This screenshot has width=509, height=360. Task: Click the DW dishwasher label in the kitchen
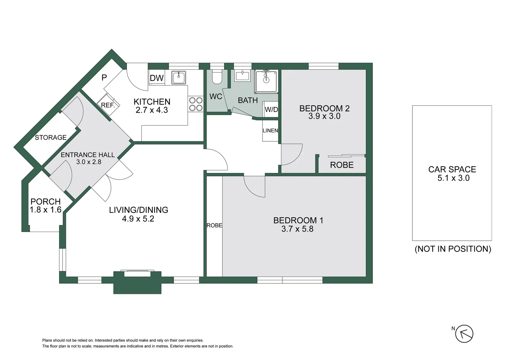(157, 78)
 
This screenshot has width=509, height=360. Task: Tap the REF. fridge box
(108, 105)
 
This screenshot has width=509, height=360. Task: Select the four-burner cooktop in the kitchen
(196, 104)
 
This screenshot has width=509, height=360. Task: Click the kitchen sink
(179, 78)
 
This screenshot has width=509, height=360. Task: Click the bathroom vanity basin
(242, 76)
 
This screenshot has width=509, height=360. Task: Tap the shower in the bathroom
(266, 81)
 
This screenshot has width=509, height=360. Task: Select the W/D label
(271, 110)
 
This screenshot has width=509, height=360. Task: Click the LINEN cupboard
(270, 131)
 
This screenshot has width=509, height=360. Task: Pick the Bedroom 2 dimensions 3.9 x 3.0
(324, 116)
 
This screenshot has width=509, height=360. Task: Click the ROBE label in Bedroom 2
(342, 165)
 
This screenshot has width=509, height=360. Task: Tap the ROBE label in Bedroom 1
(214, 226)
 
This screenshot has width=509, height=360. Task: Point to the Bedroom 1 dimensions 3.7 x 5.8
(297, 229)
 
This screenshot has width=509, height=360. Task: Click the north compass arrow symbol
(464, 334)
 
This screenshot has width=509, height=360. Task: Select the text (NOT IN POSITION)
(453, 249)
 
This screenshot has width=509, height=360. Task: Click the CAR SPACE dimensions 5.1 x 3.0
(453, 178)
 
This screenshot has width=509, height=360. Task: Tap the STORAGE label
(51, 137)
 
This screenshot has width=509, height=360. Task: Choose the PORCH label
(46, 202)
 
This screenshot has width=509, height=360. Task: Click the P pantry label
(104, 78)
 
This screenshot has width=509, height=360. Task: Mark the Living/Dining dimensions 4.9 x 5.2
(138, 219)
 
